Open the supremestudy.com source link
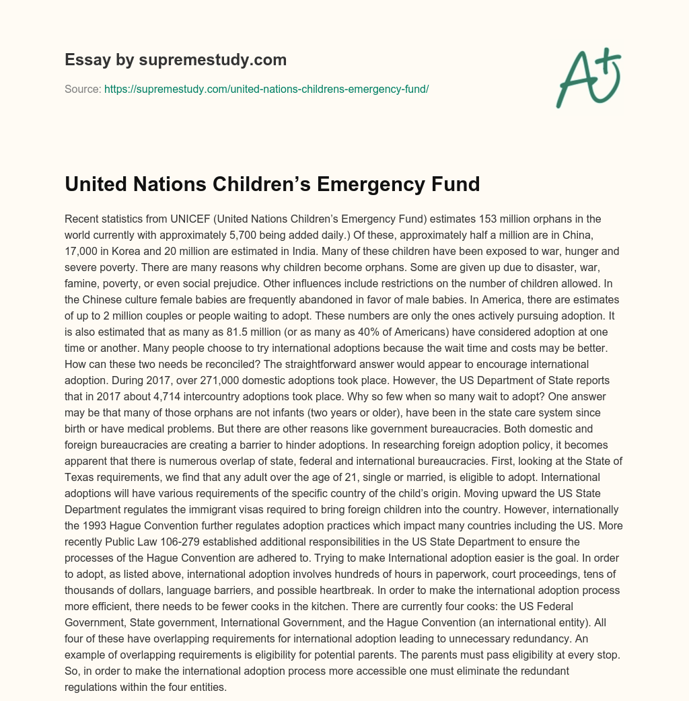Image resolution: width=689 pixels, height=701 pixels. coord(266,89)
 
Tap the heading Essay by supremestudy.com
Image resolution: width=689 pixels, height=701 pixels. coord(176,60)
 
